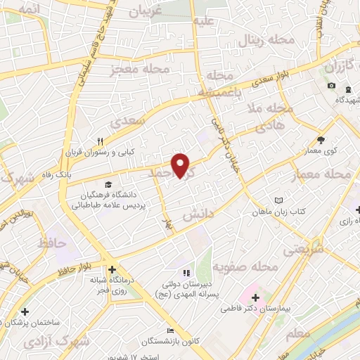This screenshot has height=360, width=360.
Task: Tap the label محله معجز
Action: [x=140, y=70]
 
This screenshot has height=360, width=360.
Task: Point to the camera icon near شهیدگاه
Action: [x=331, y=86]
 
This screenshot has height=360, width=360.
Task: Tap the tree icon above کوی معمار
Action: [x=321, y=140]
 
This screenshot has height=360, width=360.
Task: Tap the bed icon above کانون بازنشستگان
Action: [x=169, y=330]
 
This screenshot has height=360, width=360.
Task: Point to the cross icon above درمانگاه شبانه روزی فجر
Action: [x=112, y=269]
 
